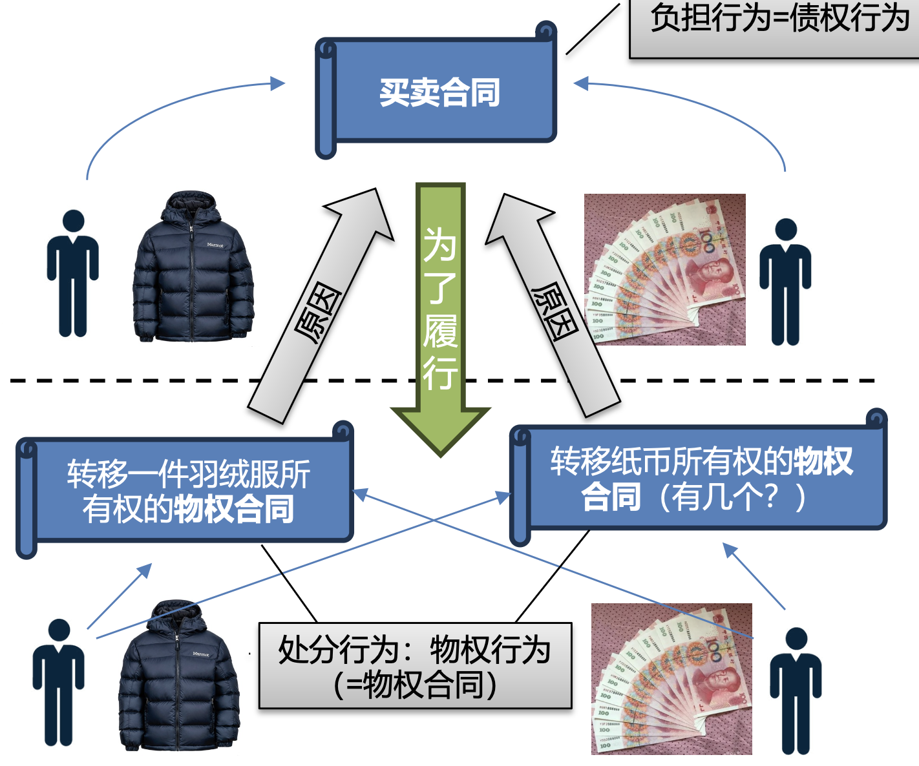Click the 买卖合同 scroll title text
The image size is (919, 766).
[x=439, y=93]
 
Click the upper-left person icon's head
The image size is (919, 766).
[x=73, y=220]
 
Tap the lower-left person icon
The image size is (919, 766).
[x=59, y=682]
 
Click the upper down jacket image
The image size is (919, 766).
[x=193, y=268]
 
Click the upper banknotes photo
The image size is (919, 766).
[x=664, y=269]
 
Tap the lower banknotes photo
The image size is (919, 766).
[x=671, y=679]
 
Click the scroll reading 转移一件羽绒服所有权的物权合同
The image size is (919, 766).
[x=187, y=491]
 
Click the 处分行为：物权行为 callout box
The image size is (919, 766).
[x=415, y=666]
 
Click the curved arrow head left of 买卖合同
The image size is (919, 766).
[x=279, y=83]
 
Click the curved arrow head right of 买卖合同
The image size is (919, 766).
[x=581, y=83]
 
